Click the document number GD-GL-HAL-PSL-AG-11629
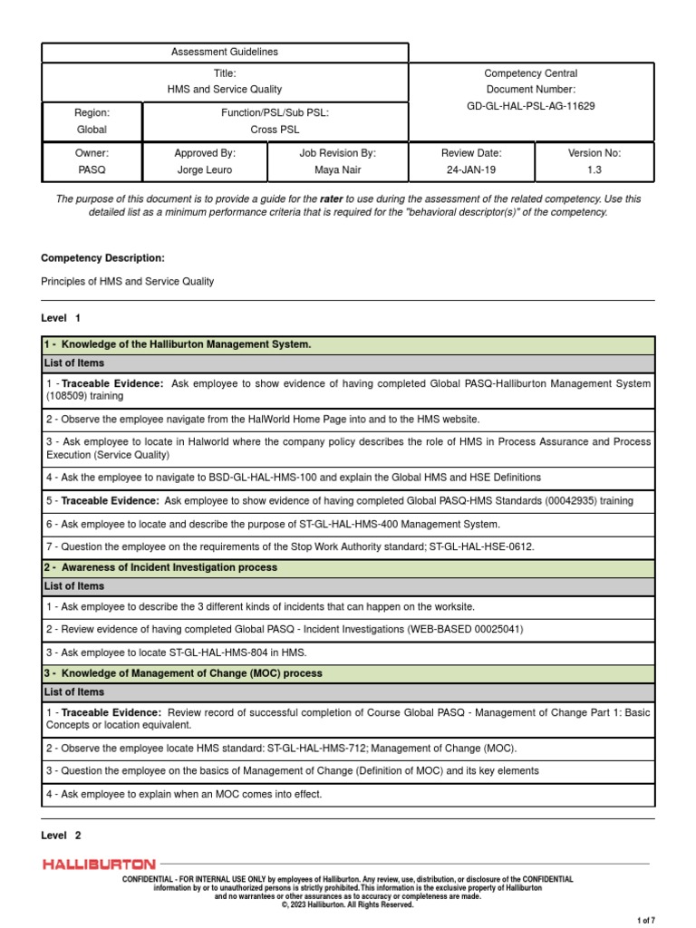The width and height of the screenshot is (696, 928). pos(530,106)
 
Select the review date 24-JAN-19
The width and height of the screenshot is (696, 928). pos(470,169)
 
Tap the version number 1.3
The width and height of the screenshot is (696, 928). pos(594,169)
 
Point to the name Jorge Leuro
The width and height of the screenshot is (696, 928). pos(205,169)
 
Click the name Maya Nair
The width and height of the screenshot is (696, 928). pos(337,169)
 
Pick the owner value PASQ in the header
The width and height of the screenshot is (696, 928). pos(92,169)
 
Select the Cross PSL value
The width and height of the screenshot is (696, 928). pos(275,130)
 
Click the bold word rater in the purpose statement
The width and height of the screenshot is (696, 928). pos(332,198)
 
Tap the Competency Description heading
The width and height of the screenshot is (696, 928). pos(102,258)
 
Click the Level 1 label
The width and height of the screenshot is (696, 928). pos(61,318)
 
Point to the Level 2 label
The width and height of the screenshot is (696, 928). pos(61,835)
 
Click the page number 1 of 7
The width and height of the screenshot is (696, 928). pos(645,920)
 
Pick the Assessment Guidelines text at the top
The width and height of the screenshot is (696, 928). pos(225,52)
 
